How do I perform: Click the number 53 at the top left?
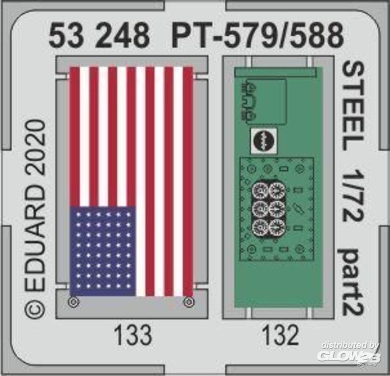click(x=66, y=35)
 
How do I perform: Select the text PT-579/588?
click(x=258, y=35)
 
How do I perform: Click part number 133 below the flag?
click(x=133, y=335)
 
